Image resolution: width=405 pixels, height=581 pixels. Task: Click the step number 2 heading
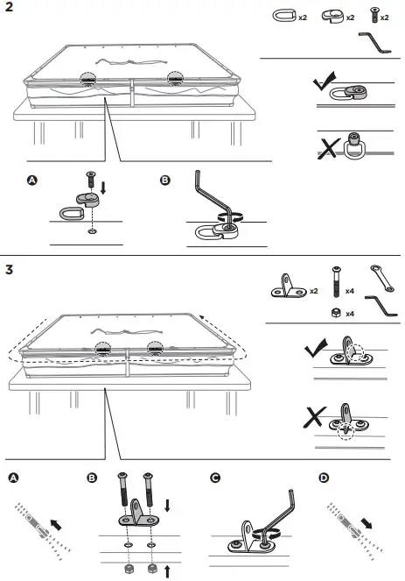pos(9,10)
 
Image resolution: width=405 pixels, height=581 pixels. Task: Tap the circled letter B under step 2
pos(165,181)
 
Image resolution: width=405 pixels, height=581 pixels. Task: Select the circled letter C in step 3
pos(216,478)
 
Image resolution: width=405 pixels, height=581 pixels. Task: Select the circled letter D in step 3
pos(325,478)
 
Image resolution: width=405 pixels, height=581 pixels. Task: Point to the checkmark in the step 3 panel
pos(312,351)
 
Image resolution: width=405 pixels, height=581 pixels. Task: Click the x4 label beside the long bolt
pos(350,288)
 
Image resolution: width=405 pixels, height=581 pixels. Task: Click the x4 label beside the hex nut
pos(350,313)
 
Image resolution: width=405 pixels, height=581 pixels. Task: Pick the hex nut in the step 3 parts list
pos(335,313)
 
